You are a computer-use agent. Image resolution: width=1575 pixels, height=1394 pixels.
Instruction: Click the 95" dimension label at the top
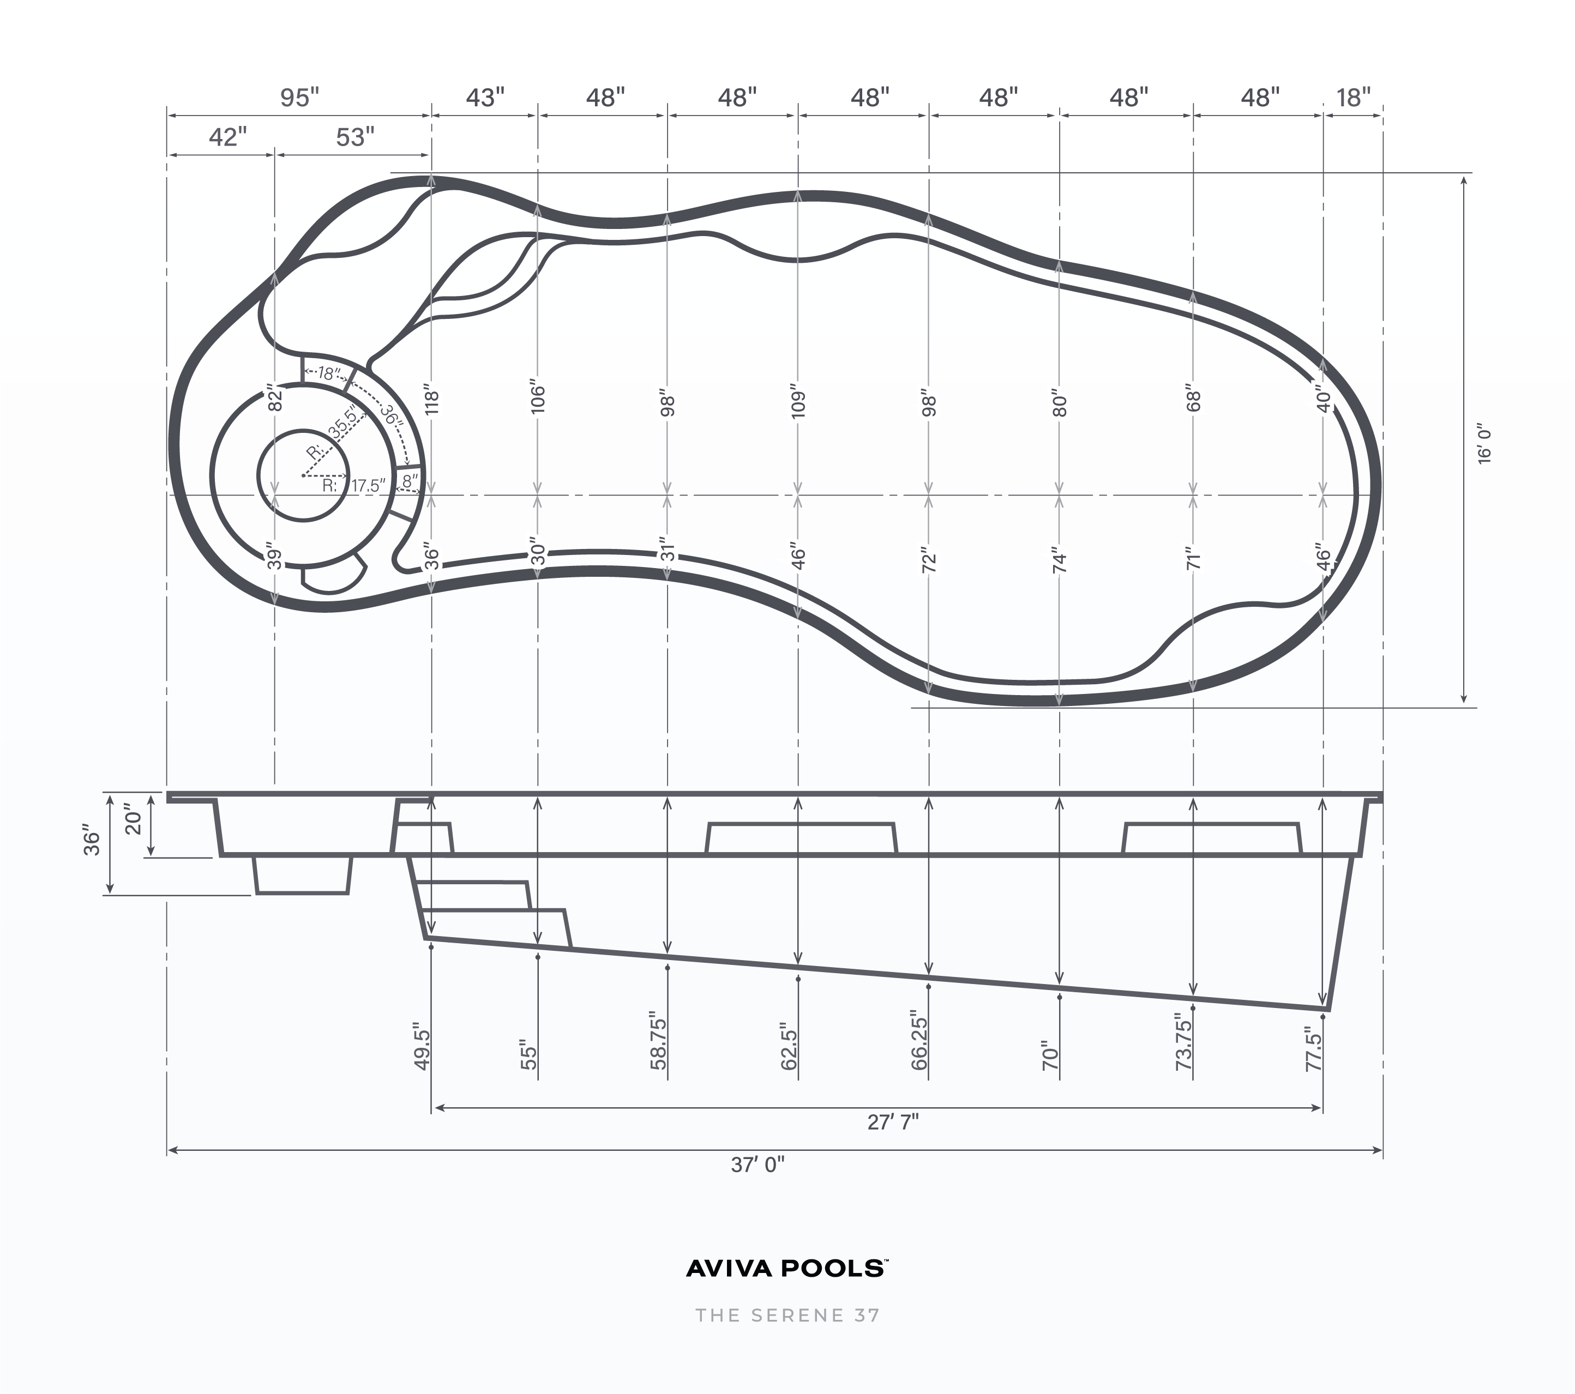tap(299, 98)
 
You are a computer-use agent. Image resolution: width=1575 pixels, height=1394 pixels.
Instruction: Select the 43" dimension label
tap(485, 98)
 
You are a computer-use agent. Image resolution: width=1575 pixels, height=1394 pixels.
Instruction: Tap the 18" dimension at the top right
tap(1353, 98)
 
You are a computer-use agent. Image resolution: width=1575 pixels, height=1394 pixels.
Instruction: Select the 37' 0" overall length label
tap(758, 1164)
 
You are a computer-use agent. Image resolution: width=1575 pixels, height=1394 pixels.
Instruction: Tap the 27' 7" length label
tap(893, 1122)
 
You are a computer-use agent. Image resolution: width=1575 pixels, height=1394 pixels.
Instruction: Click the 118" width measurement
tap(431, 402)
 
